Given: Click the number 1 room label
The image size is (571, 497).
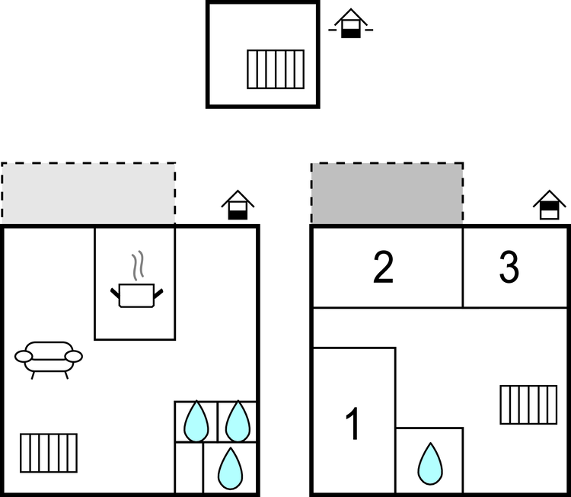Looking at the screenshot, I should point(352,424).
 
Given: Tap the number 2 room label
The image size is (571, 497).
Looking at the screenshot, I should point(383,268).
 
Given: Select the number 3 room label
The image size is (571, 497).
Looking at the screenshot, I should point(509,268).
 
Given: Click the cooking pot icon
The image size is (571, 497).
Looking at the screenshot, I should point(137,294).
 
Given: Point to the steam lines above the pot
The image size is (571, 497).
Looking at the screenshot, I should point(137,266).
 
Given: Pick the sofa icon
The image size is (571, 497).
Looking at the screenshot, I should point(49,358).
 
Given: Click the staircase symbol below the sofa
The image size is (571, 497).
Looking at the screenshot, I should point(49,452).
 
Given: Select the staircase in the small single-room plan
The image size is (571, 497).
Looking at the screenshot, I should point(276,69).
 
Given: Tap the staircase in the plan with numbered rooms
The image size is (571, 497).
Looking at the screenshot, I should point(528,405).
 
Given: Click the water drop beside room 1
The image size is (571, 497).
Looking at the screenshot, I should point(430,462).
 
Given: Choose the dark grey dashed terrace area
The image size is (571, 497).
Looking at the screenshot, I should point(387,194).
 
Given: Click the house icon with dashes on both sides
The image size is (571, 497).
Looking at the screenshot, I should point(349,24).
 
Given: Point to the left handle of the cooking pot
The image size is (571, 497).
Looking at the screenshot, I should point(116,292).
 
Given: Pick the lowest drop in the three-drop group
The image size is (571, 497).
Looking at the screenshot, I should point(229,468).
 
